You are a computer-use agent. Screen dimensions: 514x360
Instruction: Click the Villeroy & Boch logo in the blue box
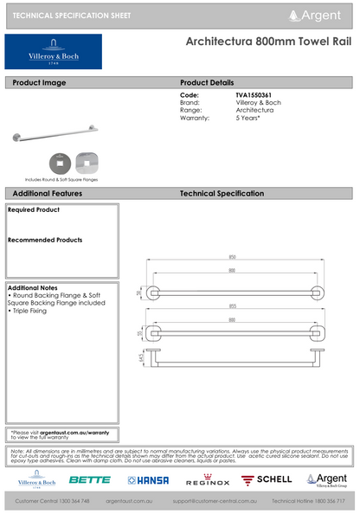[53, 52]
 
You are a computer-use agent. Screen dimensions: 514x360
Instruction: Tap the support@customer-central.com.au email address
[214, 501]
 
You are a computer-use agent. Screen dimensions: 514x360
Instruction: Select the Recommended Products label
[45, 240]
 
